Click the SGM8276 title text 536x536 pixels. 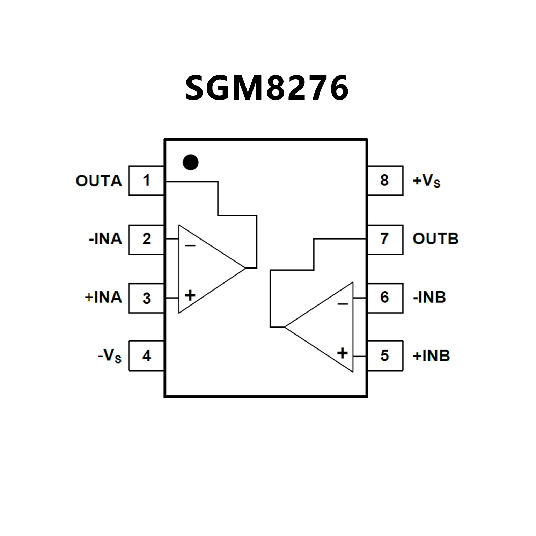coord(267,88)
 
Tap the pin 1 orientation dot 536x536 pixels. coord(191,162)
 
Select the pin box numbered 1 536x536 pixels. coord(146,181)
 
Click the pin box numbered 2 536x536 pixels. coord(146,240)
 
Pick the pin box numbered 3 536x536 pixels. coord(146,298)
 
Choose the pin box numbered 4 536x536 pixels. coord(146,356)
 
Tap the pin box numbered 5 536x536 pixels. coord(385,356)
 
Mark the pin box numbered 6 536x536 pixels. coord(385,298)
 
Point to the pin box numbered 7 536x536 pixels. coord(385,239)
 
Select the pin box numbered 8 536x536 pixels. coord(385,181)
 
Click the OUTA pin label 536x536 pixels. coord(99,181)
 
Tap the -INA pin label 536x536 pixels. coord(105,239)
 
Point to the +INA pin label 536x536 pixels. coord(103,298)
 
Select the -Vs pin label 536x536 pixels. coord(110,356)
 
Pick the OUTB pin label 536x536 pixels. coord(435,239)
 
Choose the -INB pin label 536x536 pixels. coord(429,298)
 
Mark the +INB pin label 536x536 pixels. coord(431,356)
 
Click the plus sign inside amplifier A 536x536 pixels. coord(190,295)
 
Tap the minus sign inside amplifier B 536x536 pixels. coord(343,304)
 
